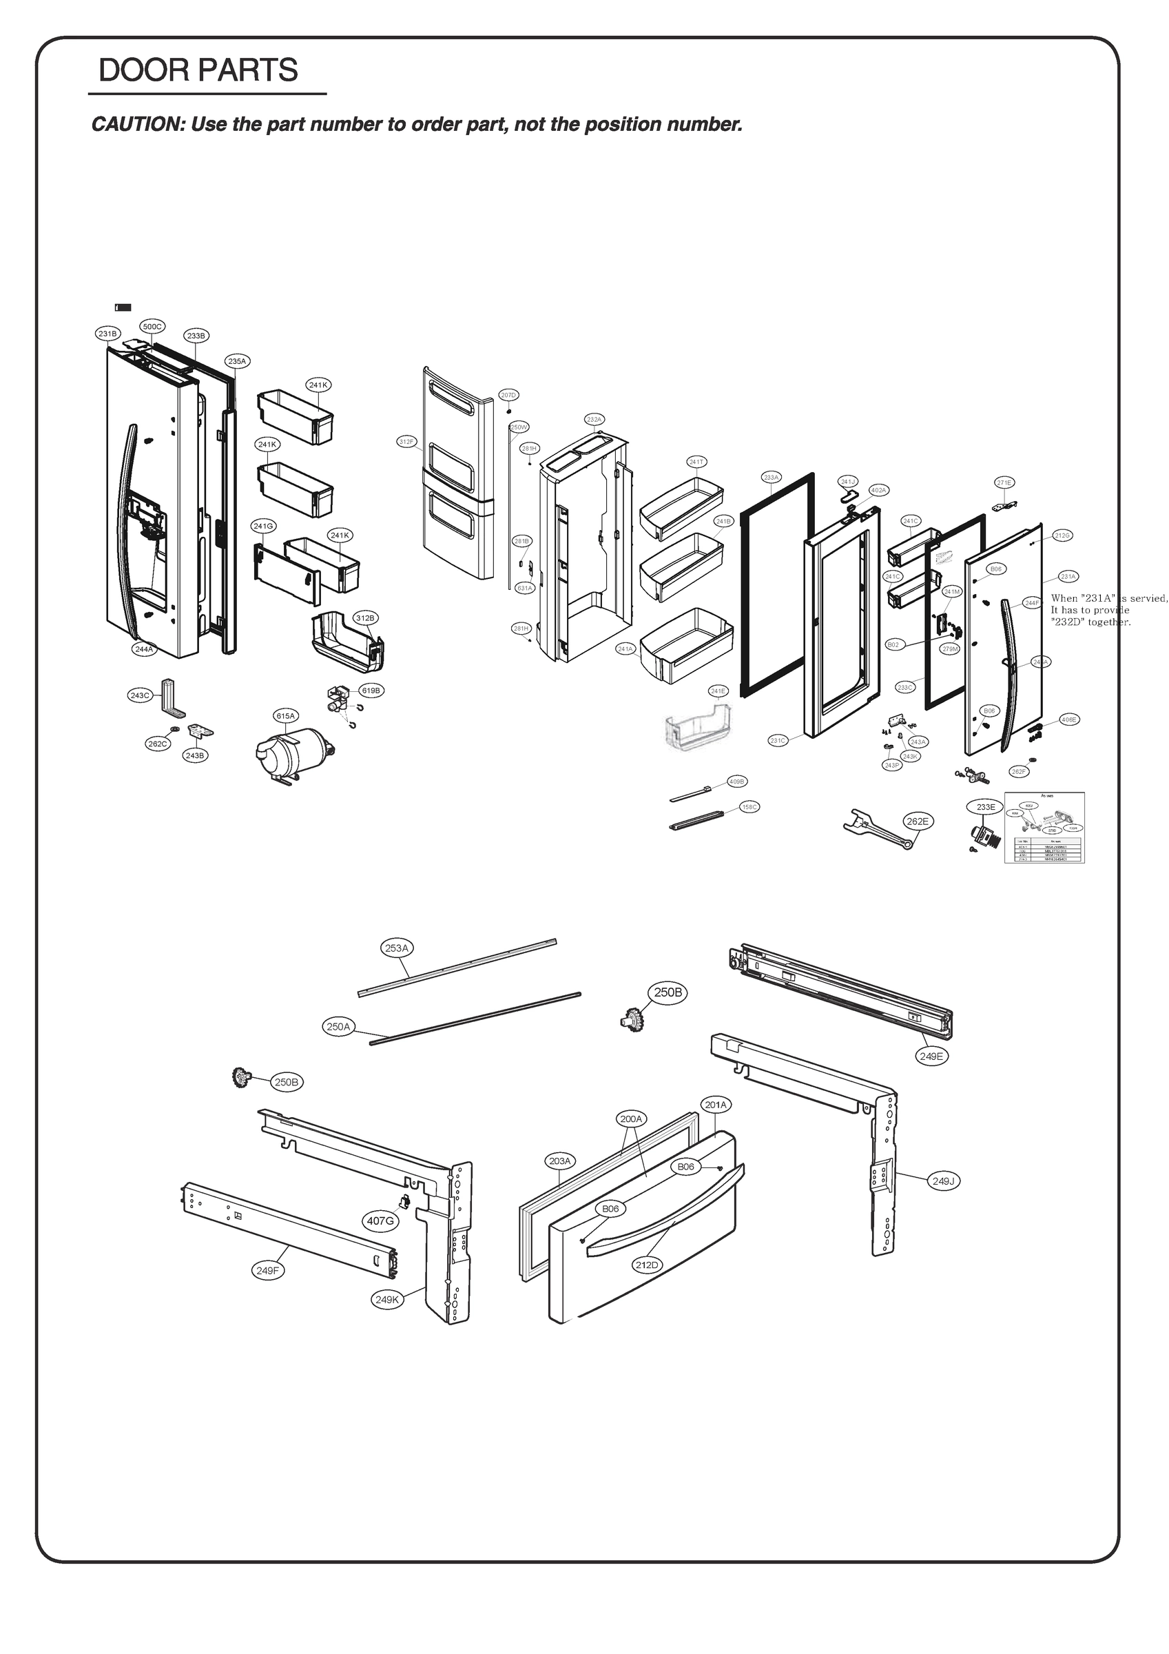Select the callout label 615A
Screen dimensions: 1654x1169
[x=286, y=716]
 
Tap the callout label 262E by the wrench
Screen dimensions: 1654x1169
[x=918, y=821]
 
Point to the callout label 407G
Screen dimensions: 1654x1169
[x=380, y=1221]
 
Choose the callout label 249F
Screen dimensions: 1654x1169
[x=267, y=1271]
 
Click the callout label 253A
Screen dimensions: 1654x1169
[x=397, y=948]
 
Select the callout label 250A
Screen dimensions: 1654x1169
[x=338, y=1027]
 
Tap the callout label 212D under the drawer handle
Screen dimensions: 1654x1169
[x=647, y=1265]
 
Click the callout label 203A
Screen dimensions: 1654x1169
[x=559, y=1161]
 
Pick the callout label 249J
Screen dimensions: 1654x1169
[x=943, y=1181]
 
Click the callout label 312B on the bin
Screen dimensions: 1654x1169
[x=365, y=618]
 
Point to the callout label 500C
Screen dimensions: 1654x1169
[x=152, y=327]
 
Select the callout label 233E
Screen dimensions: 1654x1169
[x=985, y=807]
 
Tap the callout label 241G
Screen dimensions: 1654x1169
[x=264, y=527]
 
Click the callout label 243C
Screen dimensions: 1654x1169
[x=140, y=695]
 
